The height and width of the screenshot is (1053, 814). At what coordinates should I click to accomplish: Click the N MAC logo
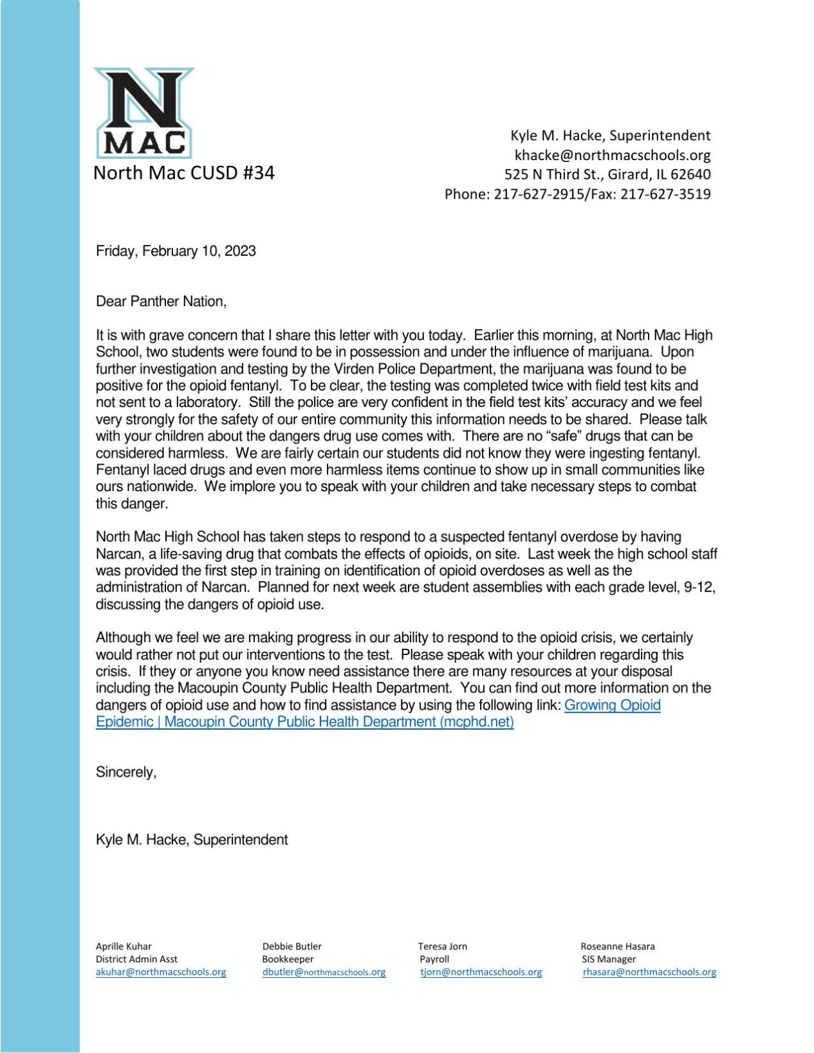pyautogui.click(x=144, y=113)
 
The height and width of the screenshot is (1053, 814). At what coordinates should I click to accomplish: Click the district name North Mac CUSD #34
pyautogui.click(x=184, y=173)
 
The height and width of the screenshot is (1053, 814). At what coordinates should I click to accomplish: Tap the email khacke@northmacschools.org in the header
pyautogui.click(x=612, y=155)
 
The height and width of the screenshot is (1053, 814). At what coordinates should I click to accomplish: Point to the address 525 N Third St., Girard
pyautogui.click(x=607, y=174)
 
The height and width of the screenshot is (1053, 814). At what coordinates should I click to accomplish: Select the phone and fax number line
pyautogui.click(x=577, y=194)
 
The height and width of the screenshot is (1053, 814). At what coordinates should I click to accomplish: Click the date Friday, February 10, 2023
pyautogui.click(x=176, y=251)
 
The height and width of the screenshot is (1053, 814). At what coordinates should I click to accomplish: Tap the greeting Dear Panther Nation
pyautogui.click(x=161, y=301)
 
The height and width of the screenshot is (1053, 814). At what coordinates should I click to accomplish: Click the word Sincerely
pyautogui.click(x=126, y=772)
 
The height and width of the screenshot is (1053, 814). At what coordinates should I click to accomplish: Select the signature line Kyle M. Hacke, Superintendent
pyautogui.click(x=192, y=840)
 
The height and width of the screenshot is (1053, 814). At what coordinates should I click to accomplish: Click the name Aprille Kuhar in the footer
pyautogui.click(x=124, y=946)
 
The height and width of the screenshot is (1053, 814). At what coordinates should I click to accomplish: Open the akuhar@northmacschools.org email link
pyautogui.click(x=161, y=972)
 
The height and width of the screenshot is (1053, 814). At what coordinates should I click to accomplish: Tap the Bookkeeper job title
pyautogui.click(x=288, y=959)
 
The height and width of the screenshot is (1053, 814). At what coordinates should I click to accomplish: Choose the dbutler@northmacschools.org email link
pyautogui.click(x=324, y=972)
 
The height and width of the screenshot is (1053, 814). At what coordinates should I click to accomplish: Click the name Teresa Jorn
pyautogui.click(x=443, y=946)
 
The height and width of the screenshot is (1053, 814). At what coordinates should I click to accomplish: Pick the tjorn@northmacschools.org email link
pyautogui.click(x=481, y=972)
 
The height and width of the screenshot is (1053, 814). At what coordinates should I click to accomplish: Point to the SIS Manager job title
pyautogui.click(x=608, y=959)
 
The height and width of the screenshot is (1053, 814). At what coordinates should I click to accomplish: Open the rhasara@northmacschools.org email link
pyautogui.click(x=649, y=972)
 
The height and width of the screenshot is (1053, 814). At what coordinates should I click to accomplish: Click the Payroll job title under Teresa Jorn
pyautogui.click(x=434, y=959)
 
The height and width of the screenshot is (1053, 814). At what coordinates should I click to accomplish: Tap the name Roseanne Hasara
pyautogui.click(x=618, y=946)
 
